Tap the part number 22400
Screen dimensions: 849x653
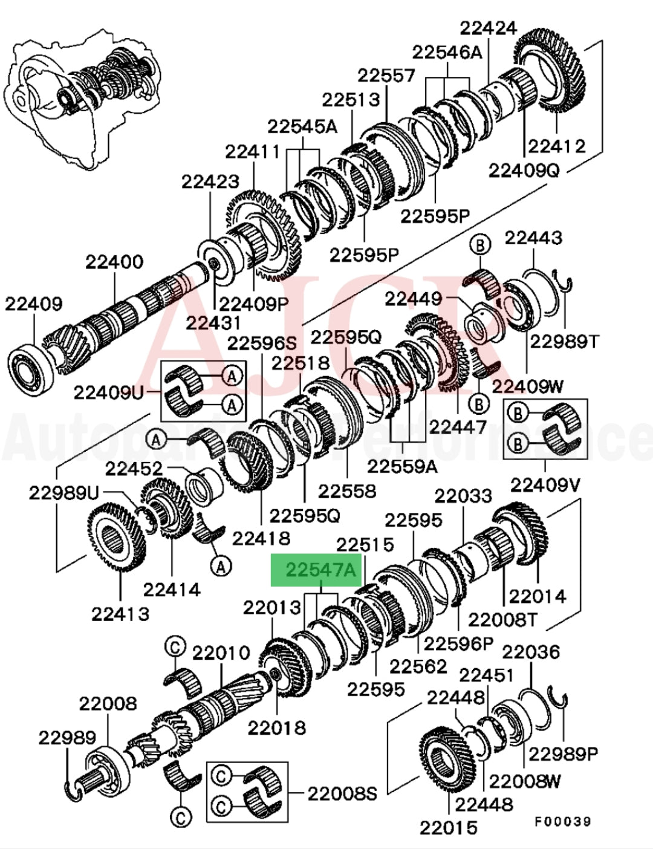click(114, 262)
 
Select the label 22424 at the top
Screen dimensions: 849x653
click(489, 28)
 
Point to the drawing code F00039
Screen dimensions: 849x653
click(562, 821)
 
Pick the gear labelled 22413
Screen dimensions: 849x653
click(117, 539)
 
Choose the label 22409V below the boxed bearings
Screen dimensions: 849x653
click(545, 485)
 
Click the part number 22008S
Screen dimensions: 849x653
click(342, 793)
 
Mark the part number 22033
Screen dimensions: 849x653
click(463, 496)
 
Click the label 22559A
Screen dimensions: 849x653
click(403, 466)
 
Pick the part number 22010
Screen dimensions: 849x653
click(221, 653)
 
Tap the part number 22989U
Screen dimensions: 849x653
click(63, 493)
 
